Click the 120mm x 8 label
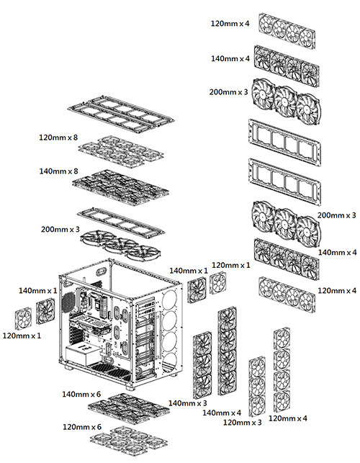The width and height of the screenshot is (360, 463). pos(59,136)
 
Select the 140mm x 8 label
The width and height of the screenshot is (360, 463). pos(59,171)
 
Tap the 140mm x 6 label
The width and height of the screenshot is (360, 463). pos(81,394)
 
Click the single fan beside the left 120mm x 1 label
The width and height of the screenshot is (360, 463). pos(24,318)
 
